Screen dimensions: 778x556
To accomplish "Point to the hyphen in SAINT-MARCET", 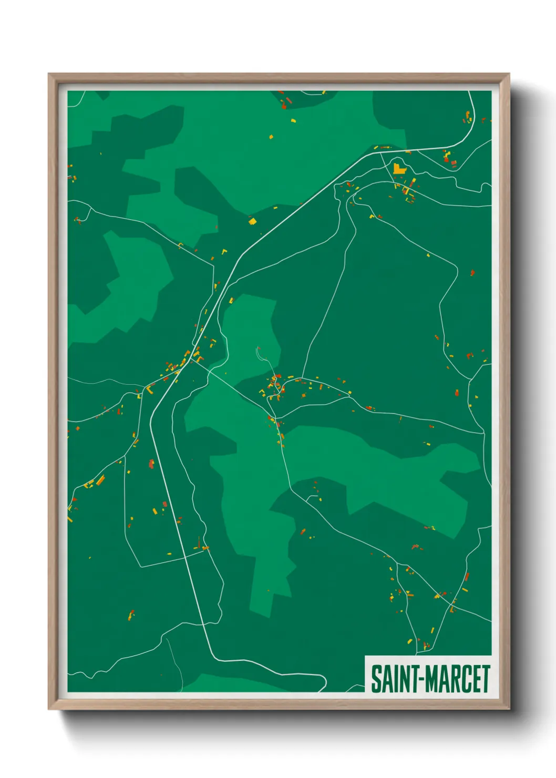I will (x=421, y=680).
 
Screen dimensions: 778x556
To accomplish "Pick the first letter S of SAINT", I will (x=376, y=679).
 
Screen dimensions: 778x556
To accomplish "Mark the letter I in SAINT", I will (x=395, y=679).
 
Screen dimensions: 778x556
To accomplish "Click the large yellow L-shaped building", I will (x=399, y=169).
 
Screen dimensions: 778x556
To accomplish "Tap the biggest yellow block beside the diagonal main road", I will (x=252, y=221).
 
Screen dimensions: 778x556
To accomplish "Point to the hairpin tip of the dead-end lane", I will (x=258, y=348).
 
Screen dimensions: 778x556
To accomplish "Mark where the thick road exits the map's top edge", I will (x=469, y=92).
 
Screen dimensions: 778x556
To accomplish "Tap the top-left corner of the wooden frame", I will (x=49, y=75).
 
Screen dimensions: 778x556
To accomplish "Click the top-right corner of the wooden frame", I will (x=508, y=75).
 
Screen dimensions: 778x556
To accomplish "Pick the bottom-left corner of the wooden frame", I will (x=49, y=709).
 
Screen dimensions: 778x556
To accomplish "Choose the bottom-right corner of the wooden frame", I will (x=508, y=709).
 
